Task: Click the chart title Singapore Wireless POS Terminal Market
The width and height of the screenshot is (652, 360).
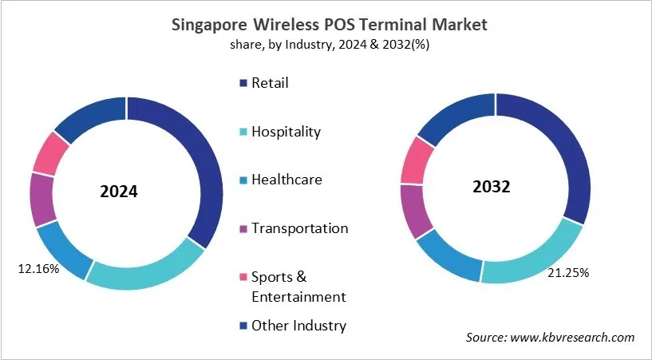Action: (330, 24)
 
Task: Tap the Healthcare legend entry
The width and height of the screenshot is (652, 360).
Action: (286, 180)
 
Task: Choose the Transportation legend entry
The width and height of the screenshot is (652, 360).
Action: (299, 228)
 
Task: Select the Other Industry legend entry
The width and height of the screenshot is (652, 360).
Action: (298, 325)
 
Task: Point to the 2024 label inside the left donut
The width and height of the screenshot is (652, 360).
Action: (119, 192)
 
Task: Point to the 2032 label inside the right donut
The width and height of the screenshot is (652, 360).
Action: (491, 188)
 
